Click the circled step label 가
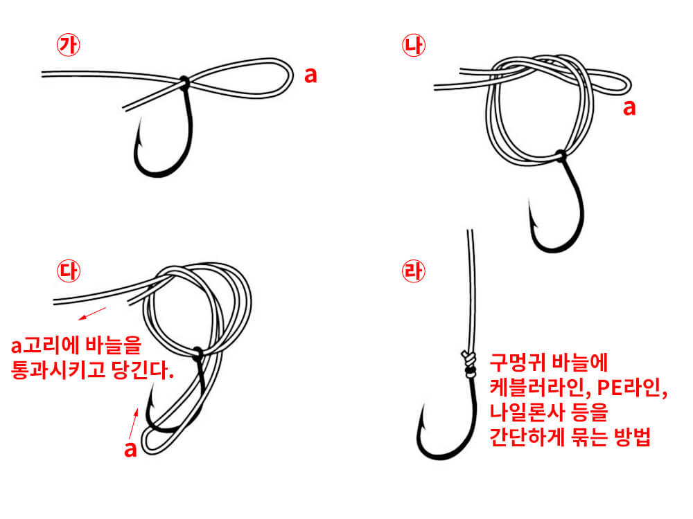(69, 45)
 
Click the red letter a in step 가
(311, 75)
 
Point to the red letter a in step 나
(629, 108)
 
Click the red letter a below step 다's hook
(130, 448)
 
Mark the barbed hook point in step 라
(421, 414)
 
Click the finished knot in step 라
(469, 362)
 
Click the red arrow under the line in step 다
(92, 313)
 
